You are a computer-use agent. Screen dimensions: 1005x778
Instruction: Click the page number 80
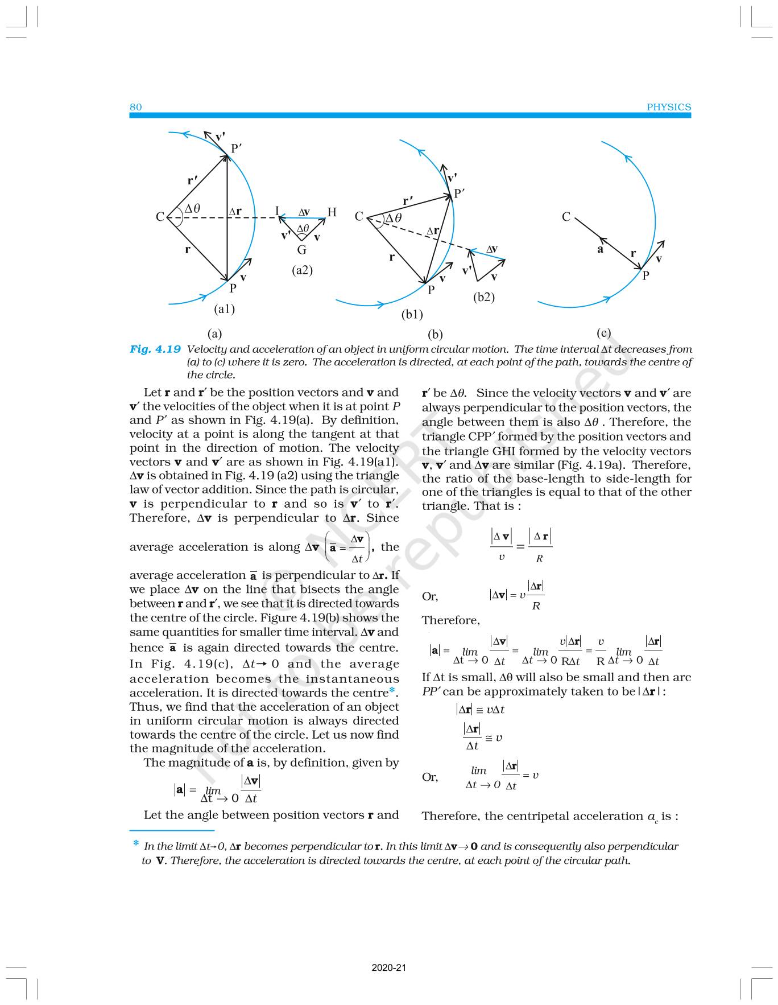tap(136, 107)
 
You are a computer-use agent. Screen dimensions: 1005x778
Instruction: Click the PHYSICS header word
tap(669, 107)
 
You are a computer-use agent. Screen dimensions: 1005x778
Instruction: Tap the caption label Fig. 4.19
tap(155, 349)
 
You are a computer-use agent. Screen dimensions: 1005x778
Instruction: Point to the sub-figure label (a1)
tap(225, 309)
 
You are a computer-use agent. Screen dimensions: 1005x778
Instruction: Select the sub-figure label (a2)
tap(303, 270)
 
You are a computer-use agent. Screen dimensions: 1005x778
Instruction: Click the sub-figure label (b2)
tap(484, 297)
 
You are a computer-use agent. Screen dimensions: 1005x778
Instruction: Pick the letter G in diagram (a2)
tap(302, 249)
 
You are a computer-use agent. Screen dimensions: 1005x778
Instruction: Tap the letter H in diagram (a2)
tap(332, 212)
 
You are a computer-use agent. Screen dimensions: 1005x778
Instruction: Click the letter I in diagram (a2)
tap(277, 211)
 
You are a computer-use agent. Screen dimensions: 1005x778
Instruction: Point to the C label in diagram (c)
tap(566, 217)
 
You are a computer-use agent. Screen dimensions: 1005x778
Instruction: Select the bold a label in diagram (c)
tap(600, 249)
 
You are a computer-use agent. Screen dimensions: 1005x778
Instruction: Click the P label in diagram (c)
tap(646, 276)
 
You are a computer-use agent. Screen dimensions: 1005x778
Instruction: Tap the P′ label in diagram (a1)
tap(237, 149)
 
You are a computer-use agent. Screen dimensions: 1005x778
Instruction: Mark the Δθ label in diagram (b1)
tap(394, 218)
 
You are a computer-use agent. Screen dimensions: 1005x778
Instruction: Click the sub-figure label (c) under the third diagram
tap(604, 333)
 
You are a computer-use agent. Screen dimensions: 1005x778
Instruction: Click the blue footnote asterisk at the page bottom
tap(136, 843)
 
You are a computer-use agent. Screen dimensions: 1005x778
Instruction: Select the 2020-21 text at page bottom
tap(389, 967)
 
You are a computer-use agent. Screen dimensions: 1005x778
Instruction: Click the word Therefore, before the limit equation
tap(451, 620)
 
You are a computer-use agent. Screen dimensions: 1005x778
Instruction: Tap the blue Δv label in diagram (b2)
tap(492, 249)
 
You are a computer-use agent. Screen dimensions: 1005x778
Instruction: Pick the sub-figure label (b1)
tap(412, 314)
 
